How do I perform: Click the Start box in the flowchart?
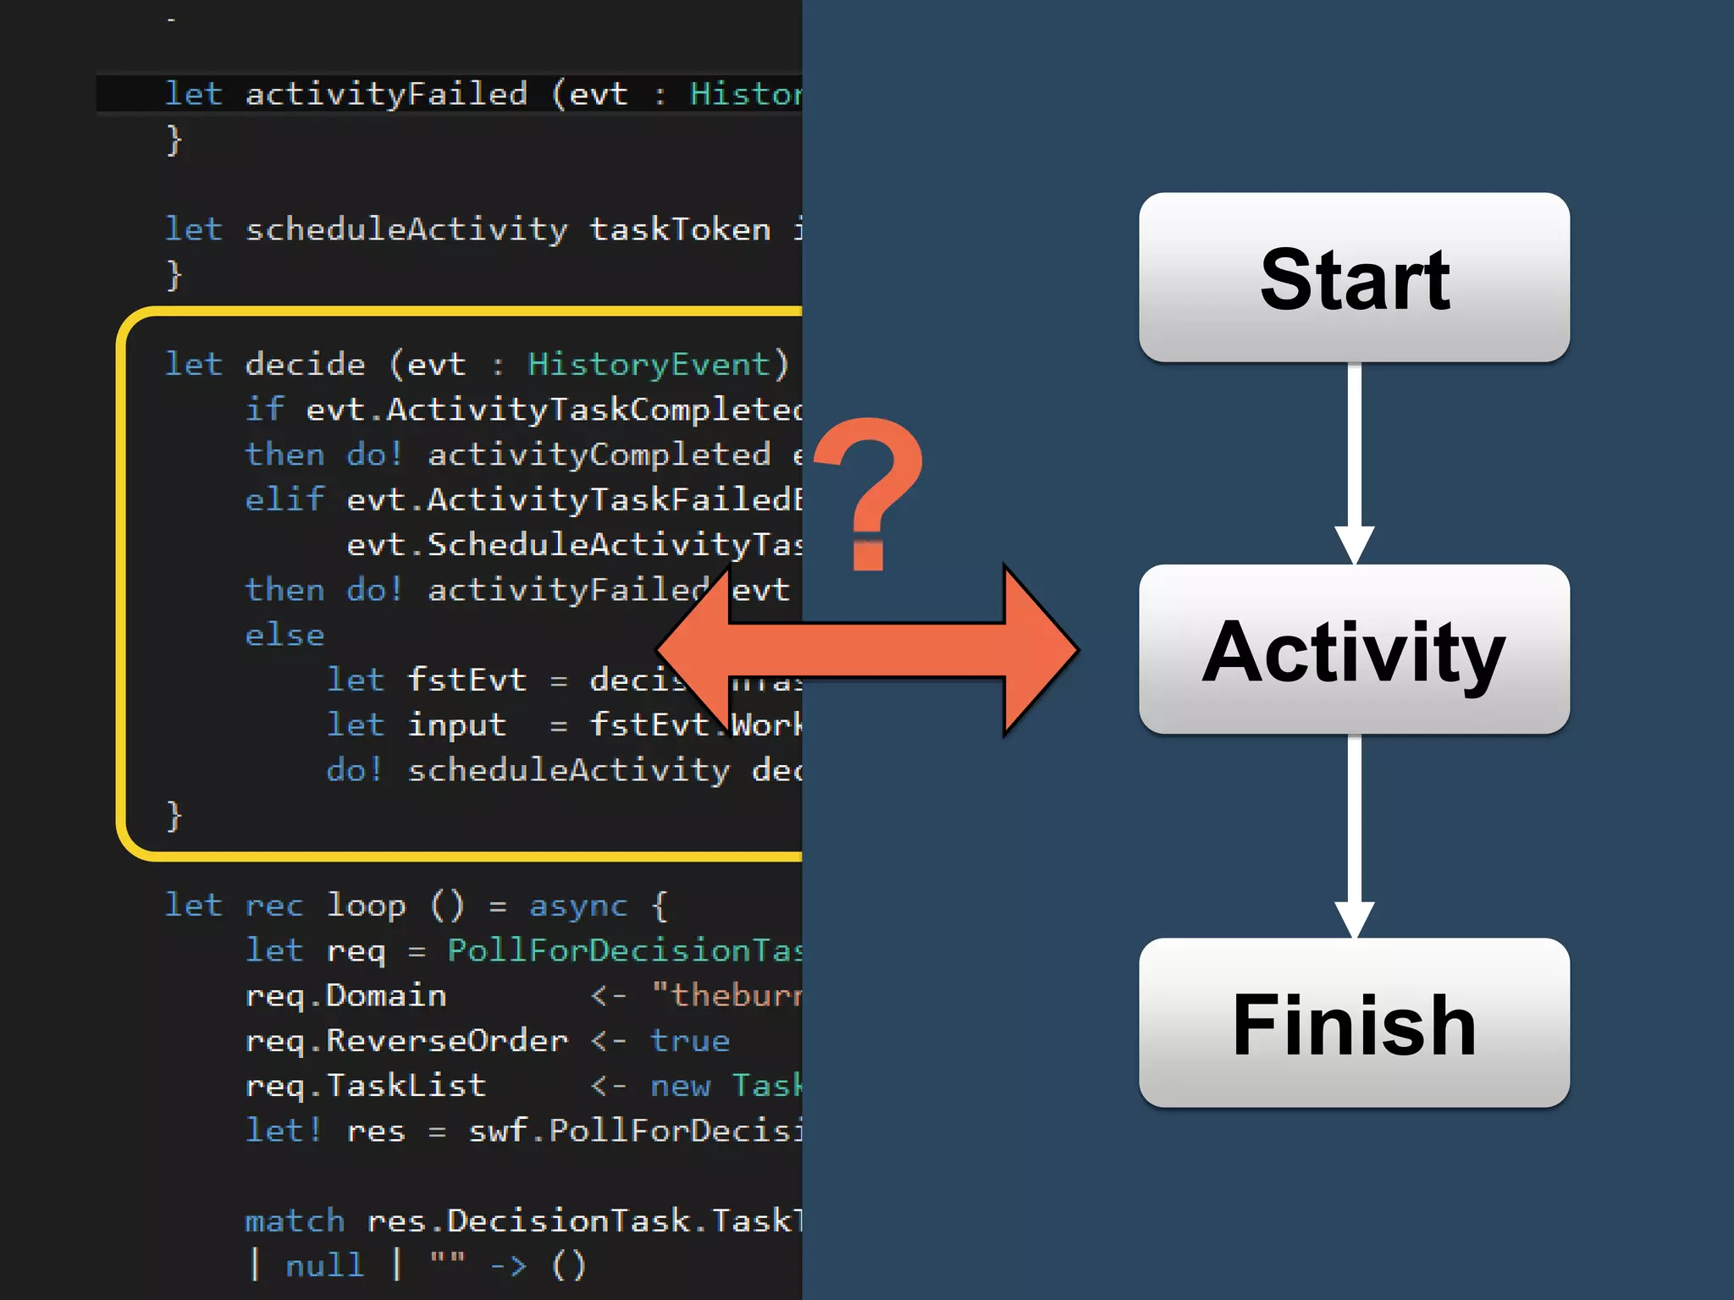pyautogui.click(x=1354, y=278)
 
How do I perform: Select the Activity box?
pyautogui.click(x=1354, y=650)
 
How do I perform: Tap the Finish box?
pyautogui.click(x=1354, y=1022)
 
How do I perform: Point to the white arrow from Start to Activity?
pyautogui.click(x=1354, y=461)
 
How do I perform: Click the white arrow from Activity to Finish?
pyautogui.click(x=1354, y=834)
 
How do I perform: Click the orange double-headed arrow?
pyautogui.click(x=868, y=650)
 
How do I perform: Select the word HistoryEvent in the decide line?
pyautogui.click(x=649, y=365)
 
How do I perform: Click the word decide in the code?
pyautogui.click(x=305, y=365)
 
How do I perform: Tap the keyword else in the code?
pyautogui.click(x=284, y=635)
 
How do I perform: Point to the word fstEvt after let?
pyautogui.click(x=467, y=680)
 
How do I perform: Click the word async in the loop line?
pyautogui.click(x=578, y=906)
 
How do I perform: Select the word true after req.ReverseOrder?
pyautogui.click(x=690, y=1041)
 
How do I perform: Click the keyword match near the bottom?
pyautogui.click(x=295, y=1221)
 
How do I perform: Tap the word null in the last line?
pyautogui.click(x=324, y=1266)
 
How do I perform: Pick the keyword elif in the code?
pyautogui.click(x=284, y=500)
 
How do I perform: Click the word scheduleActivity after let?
pyautogui.click(x=406, y=229)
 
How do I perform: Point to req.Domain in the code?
pyautogui.click(x=345, y=996)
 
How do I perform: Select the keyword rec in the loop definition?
pyautogui.click(x=273, y=906)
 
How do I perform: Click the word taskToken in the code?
pyautogui.click(x=680, y=229)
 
